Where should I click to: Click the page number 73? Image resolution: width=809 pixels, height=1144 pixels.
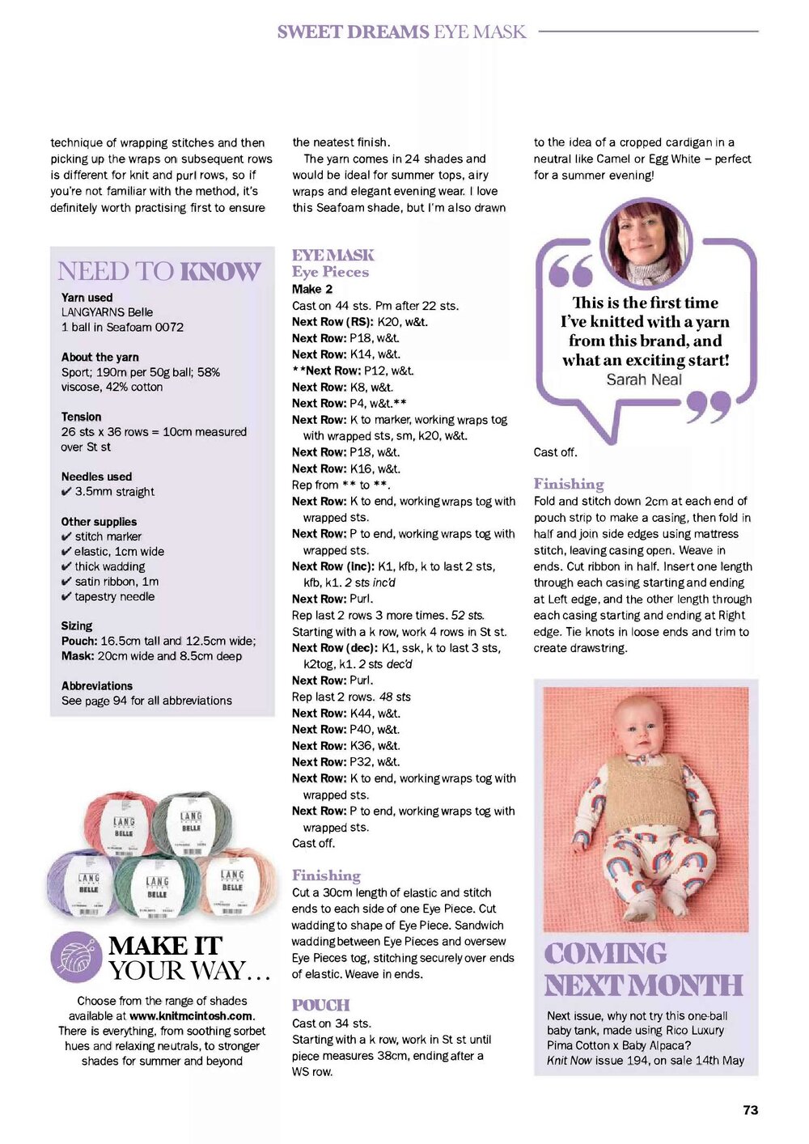(x=750, y=1110)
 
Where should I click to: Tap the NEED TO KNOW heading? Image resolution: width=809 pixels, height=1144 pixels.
(x=159, y=272)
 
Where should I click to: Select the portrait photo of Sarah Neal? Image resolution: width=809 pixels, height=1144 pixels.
(x=644, y=244)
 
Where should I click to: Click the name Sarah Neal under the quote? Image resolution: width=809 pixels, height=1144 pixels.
(x=644, y=379)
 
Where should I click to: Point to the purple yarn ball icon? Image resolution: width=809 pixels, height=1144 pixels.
(x=76, y=957)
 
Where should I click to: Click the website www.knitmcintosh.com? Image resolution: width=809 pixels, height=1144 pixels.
(x=191, y=1015)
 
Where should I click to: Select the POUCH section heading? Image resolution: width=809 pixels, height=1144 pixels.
(x=321, y=1005)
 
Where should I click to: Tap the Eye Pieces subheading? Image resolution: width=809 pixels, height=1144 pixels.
(x=330, y=272)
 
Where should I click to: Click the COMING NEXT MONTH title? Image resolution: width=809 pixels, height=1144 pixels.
(x=643, y=969)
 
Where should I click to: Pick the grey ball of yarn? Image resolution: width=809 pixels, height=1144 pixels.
(x=191, y=823)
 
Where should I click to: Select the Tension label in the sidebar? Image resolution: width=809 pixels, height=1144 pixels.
(x=82, y=417)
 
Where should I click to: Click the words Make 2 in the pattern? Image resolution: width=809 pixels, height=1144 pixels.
(x=312, y=289)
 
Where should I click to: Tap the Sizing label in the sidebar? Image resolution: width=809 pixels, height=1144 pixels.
(x=77, y=625)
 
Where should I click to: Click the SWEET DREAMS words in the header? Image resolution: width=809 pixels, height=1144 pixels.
(x=353, y=32)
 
